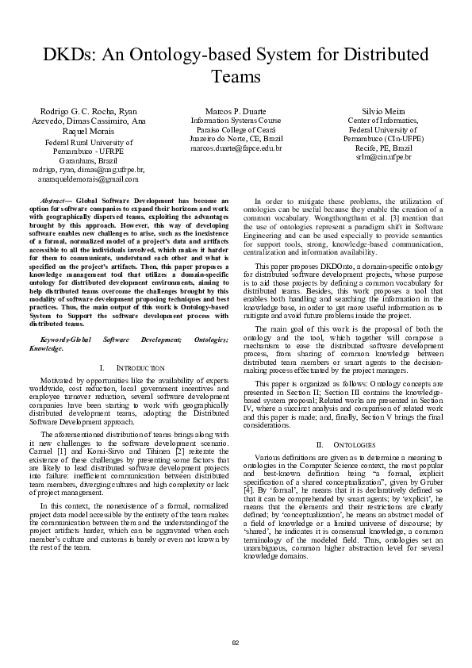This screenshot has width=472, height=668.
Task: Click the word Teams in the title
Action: (x=236, y=78)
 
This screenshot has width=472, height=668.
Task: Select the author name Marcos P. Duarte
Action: (x=236, y=110)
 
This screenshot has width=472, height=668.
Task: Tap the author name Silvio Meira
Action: (x=383, y=110)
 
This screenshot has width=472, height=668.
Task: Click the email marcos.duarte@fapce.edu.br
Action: (x=236, y=148)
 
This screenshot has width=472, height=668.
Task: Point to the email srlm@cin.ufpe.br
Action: (x=383, y=157)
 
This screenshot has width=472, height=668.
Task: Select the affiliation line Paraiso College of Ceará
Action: (x=236, y=129)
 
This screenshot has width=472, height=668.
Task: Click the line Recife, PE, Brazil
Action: (x=383, y=148)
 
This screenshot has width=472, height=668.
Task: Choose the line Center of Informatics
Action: (x=383, y=120)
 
